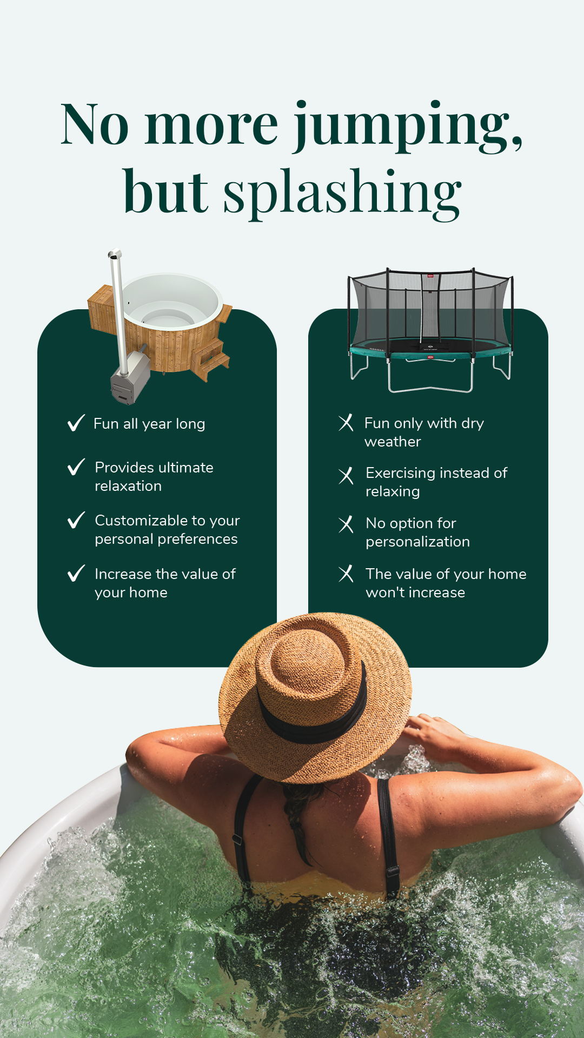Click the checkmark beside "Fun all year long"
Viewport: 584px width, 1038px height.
tap(76, 423)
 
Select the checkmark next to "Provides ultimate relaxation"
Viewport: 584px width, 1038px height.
tap(76, 467)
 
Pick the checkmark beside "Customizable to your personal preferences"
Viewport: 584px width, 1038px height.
tap(76, 520)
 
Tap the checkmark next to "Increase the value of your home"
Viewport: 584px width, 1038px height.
tap(76, 573)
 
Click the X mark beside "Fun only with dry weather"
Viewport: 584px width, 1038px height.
tap(346, 422)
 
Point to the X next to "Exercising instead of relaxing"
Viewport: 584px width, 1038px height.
tap(346, 476)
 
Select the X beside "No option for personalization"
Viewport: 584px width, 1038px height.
tap(346, 524)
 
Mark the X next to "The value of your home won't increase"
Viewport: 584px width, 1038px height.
tap(346, 574)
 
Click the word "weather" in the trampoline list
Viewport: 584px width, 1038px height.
tap(393, 442)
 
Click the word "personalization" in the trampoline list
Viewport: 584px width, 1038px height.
tap(417, 542)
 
